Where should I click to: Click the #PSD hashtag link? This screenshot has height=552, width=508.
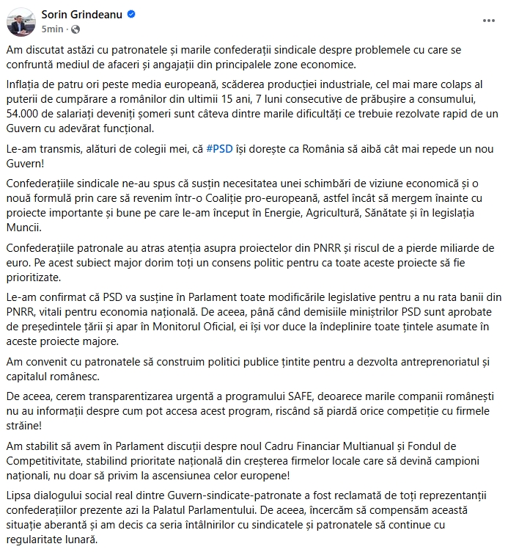(219, 148)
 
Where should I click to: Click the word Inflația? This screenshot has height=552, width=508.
(25, 87)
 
